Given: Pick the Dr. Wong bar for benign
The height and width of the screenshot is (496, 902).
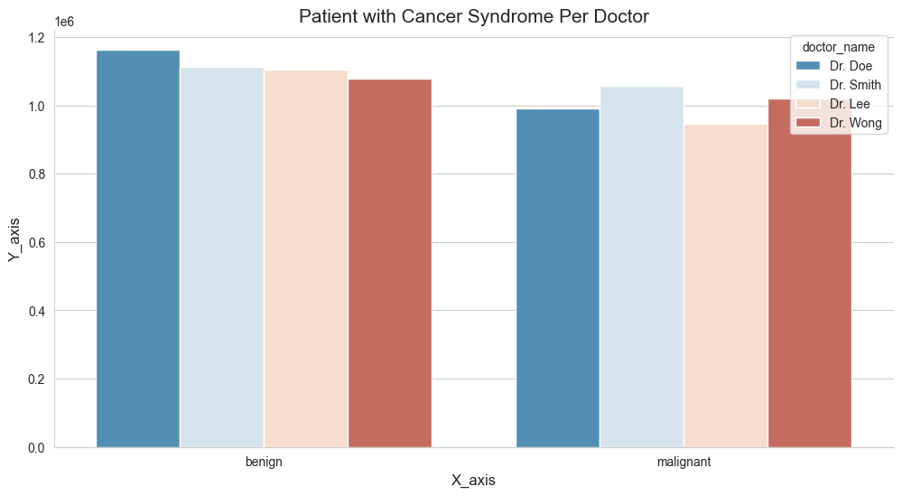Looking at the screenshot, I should click(x=390, y=263).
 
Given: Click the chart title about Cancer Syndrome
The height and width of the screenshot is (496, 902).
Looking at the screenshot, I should click(x=474, y=16).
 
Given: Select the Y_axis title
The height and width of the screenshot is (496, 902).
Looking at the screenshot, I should click(x=14, y=239).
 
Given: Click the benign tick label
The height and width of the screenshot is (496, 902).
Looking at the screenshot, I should click(x=264, y=462).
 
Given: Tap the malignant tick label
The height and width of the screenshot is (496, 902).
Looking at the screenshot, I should click(x=683, y=462).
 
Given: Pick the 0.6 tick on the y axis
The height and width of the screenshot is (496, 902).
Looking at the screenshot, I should click(x=36, y=242).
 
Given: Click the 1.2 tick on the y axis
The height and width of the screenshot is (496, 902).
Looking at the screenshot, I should click(x=36, y=38).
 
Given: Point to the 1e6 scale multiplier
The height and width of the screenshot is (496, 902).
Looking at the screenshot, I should click(x=65, y=21).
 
